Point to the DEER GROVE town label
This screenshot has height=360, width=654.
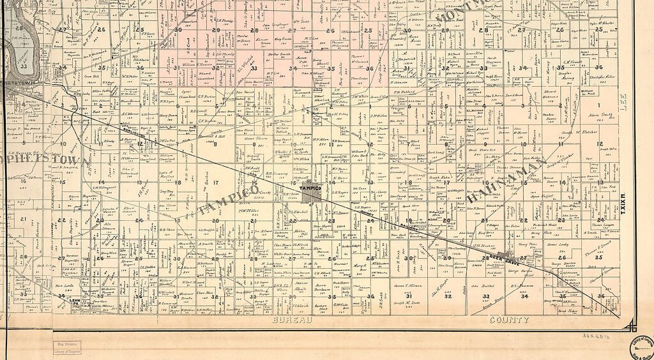[503, 258]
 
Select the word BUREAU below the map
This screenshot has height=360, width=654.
[293, 320]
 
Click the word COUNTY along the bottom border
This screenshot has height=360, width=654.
[509, 320]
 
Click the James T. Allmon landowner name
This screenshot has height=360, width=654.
[408, 285]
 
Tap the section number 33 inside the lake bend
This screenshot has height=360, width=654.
[24, 66]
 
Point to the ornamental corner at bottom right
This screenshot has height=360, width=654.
[632, 326]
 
